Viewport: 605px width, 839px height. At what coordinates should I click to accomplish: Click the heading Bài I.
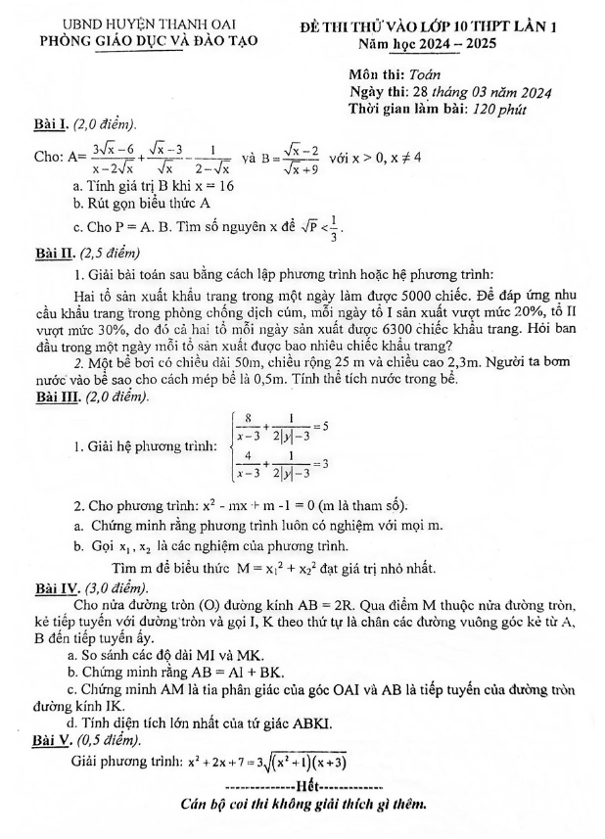click(49, 124)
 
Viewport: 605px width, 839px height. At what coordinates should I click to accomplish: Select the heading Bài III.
click(55, 397)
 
